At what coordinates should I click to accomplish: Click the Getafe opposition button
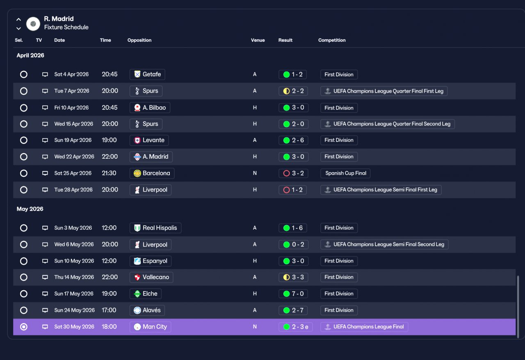pyautogui.click(x=147, y=74)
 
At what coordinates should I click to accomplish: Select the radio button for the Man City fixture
pyautogui.click(x=24, y=327)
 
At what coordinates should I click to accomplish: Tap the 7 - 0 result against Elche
pyautogui.click(x=293, y=294)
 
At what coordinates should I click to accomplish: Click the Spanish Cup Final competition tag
pyautogui.click(x=345, y=173)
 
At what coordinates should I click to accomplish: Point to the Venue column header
pyautogui.click(x=258, y=40)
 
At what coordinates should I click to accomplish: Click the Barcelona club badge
pyautogui.click(x=137, y=173)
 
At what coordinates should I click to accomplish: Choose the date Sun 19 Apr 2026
pyautogui.click(x=73, y=140)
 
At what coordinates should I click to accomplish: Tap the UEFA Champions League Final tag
pyautogui.click(x=364, y=327)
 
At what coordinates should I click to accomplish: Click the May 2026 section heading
pyautogui.click(x=30, y=209)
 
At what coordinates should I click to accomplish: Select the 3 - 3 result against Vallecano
pyautogui.click(x=293, y=277)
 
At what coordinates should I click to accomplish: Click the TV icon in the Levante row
pyautogui.click(x=45, y=140)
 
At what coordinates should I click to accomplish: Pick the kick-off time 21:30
pyautogui.click(x=109, y=173)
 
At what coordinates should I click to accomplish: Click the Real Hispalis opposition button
pyautogui.click(x=155, y=228)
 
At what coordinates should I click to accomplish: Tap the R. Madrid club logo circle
pyautogui.click(x=33, y=24)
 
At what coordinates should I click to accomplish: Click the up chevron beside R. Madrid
pyautogui.click(x=19, y=19)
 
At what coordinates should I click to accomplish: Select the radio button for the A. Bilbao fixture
pyautogui.click(x=24, y=108)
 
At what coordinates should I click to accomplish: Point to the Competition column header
pyautogui.click(x=332, y=40)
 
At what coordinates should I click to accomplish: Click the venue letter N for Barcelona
pyautogui.click(x=255, y=173)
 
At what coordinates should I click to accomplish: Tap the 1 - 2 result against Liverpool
pyautogui.click(x=293, y=190)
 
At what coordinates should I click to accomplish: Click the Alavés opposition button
pyautogui.click(x=147, y=310)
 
